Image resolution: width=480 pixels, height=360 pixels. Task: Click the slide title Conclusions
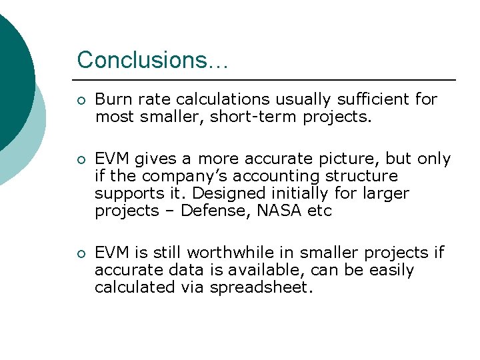tap(152, 60)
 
